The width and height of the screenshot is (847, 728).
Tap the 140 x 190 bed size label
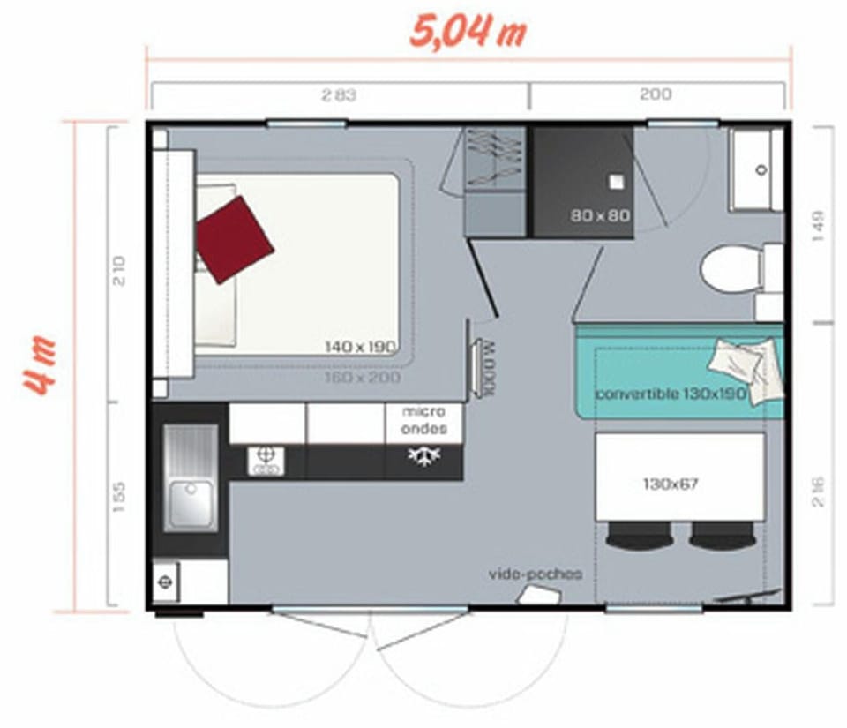point(360,346)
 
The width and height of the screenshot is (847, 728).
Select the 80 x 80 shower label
point(598,214)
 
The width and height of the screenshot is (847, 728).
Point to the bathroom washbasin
point(756,169)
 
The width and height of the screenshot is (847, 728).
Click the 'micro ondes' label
point(423,420)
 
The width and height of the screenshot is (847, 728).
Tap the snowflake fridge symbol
point(423,456)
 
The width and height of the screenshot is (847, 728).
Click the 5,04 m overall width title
point(468,31)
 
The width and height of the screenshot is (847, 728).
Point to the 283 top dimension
point(339,95)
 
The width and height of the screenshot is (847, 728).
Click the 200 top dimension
point(656,94)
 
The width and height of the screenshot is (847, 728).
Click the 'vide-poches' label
point(536,574)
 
